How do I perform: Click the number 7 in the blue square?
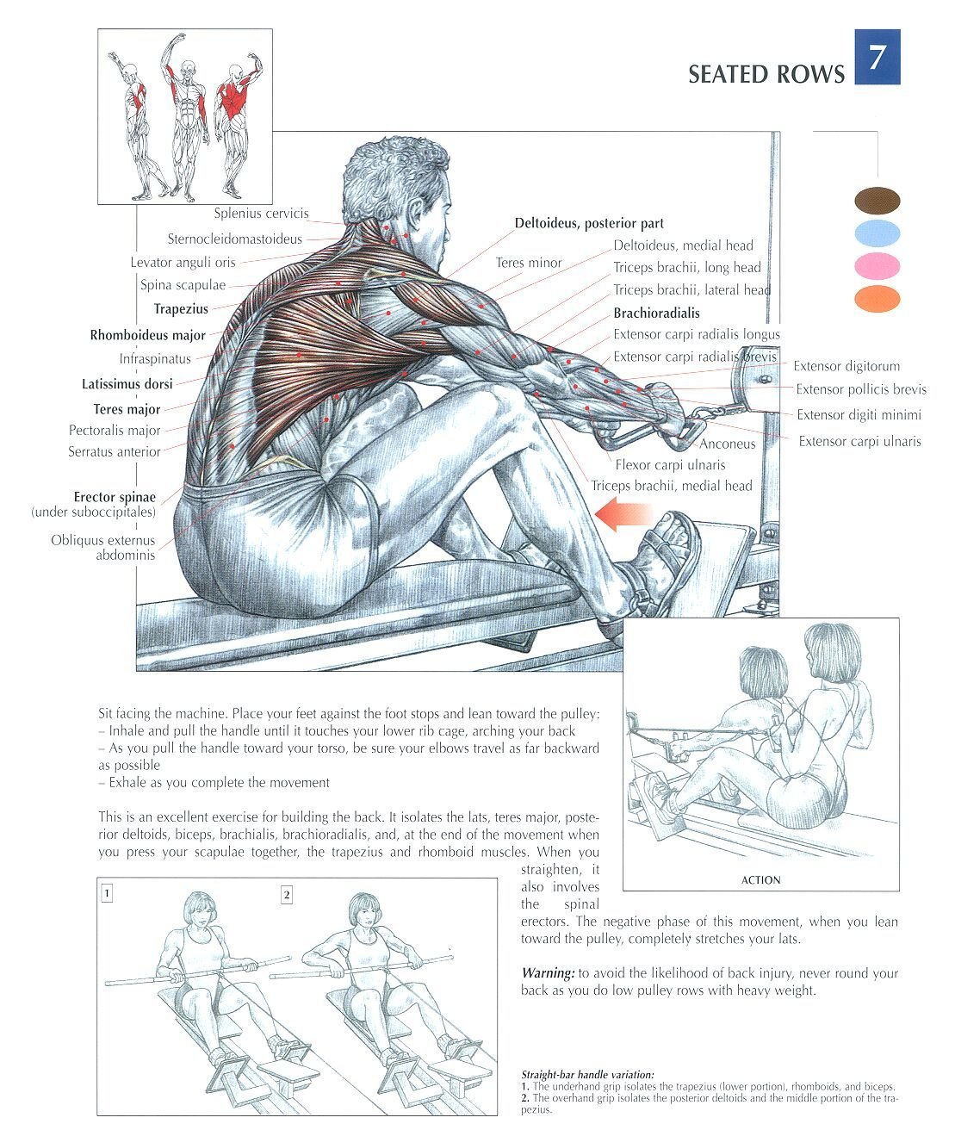coord(877,57)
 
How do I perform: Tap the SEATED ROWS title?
coord(766,74)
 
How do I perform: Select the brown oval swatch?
coord(877,200)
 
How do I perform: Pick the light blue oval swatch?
coord(877,233)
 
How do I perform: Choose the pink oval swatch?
coord(877,266)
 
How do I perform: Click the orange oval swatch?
coord(877,299)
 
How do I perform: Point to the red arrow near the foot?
coord(623,514)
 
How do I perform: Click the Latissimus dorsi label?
coord(127,384)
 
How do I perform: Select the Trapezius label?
coord(181,309)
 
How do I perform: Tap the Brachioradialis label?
coord(656,314)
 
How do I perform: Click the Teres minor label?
coord(529,263)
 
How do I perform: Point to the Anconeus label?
coord(727,444)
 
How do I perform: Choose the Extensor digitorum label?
coord(846,366)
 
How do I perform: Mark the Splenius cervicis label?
coord(261,214)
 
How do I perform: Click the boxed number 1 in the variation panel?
coord(107,894)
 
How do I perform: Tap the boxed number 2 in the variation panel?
coord(287,895)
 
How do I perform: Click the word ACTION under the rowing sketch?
coord(761,880)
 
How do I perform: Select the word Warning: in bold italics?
coord(548,973)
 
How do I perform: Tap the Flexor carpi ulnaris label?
coord(670,465)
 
